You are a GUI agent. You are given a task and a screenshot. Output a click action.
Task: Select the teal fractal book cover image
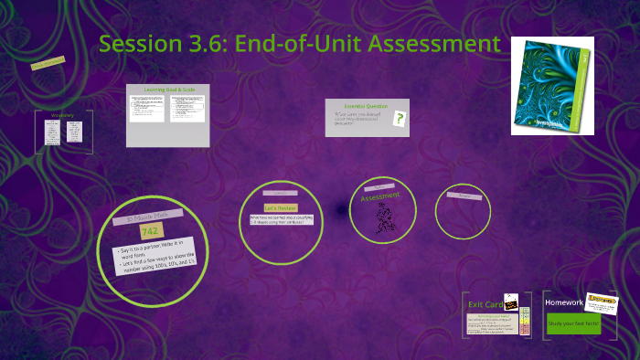click(x=551, y=86)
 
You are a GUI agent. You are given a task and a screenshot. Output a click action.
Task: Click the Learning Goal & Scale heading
click(x=167, y=90)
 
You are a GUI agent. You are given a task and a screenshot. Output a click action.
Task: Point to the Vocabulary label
click(x=62, y=115)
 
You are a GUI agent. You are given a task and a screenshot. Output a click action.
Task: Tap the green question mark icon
click(x=400, y=117)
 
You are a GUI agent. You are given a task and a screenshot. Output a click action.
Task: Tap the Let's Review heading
click(x=276, y=208)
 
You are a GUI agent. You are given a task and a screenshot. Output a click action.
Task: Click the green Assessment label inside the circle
click(x=380, y=197)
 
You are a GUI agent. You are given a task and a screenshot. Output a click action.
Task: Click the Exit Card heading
click(x=483, y=303)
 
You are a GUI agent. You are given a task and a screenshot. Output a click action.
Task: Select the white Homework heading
click(x=564, y=302)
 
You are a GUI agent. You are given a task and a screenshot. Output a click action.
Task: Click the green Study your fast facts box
click(x=573, y=323)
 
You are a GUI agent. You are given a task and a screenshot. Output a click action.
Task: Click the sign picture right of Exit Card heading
click(x=510, y=302)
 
